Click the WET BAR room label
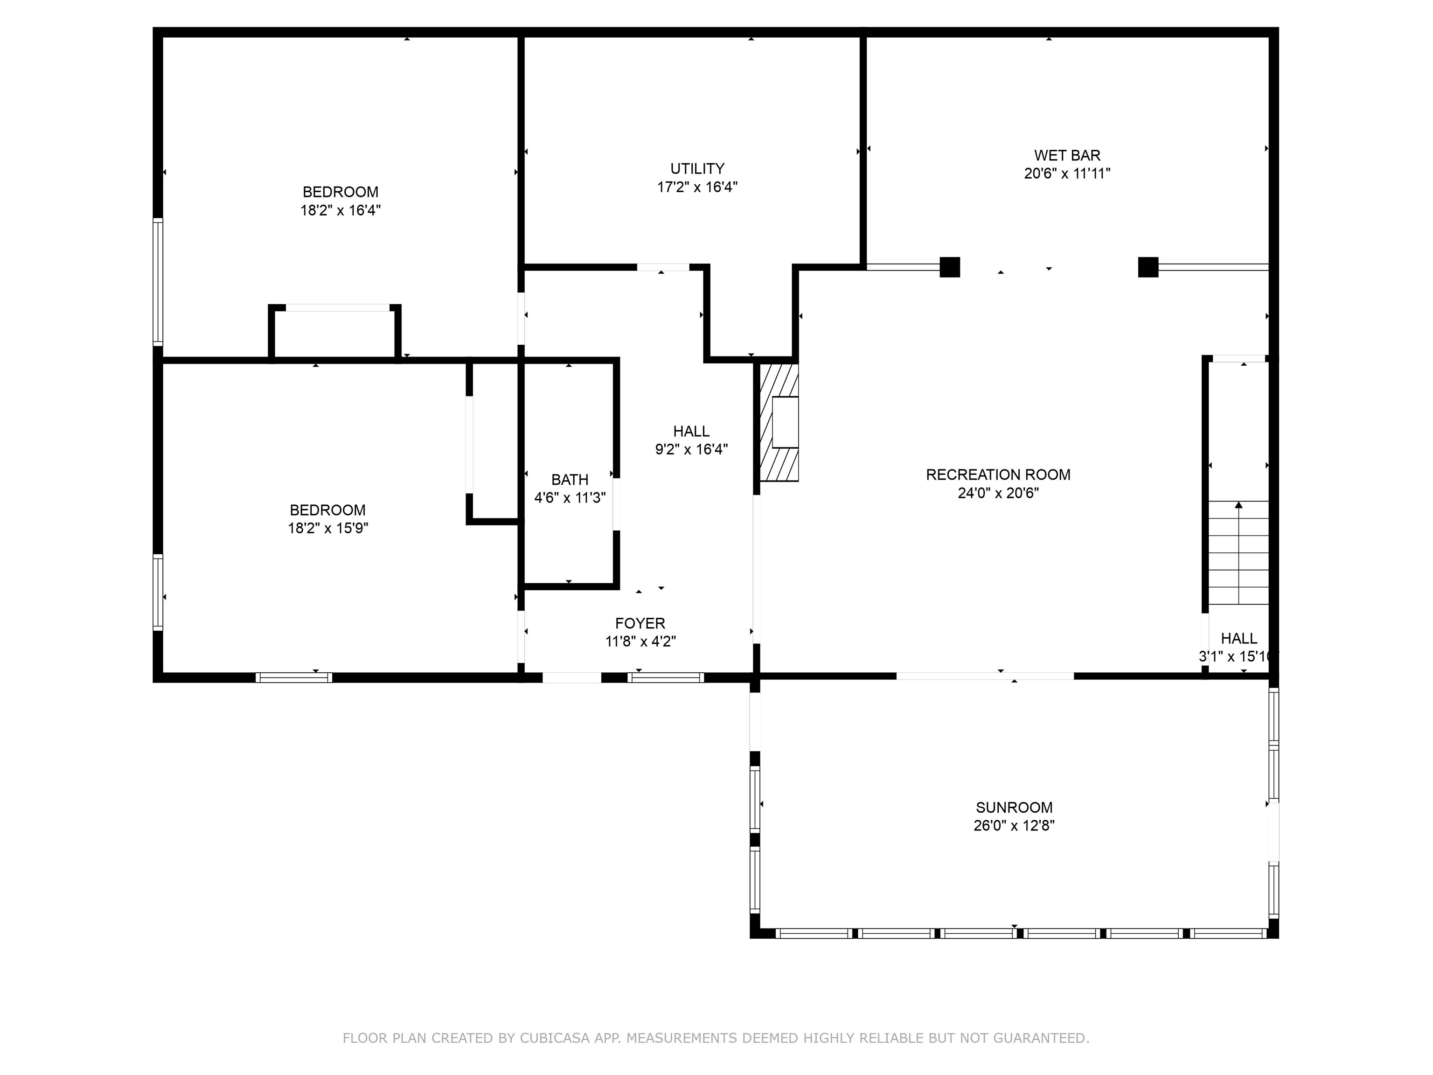click(1066, 155)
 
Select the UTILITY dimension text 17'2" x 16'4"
click(696, 187)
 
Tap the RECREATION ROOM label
click(998, 475)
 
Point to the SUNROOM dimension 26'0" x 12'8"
click(1013, 825)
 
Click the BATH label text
click(570, 480)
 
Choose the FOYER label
click(640, 623)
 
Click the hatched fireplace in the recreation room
click(778, 422)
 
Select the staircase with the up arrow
click(1238, 553)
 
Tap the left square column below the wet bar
click(949, 267)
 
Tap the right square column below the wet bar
click(1148, 267)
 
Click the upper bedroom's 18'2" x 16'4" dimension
click(340, 210)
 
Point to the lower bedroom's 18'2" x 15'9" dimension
click(328, 528)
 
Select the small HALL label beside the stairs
click(1238, 638)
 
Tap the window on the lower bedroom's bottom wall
click(293, 677)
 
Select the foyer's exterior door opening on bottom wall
click(571, 677)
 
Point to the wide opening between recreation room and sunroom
click(984, 676)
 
